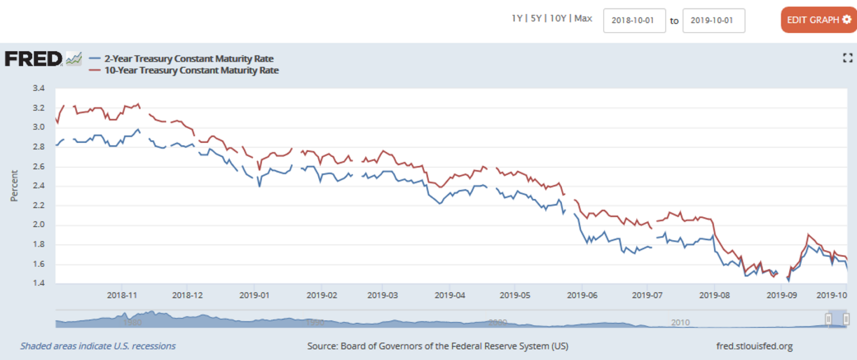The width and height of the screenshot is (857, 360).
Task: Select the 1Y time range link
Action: pyautogui.click(x=517, y=19)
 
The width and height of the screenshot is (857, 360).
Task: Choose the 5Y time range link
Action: pyautogui.click(x=536, y=19)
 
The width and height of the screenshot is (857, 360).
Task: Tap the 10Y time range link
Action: pyautogui.click(x=558, y=19)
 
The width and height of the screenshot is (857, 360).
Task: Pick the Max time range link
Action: pyautogui.click(x=583, y=19)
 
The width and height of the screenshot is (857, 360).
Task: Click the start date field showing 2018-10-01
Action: pyautogui.click(x=634, y=20)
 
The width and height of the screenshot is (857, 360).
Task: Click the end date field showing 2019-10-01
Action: pyautogui.click(x=713, y=20)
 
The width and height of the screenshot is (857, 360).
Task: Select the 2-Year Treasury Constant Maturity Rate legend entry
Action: pyautogui.click(x=188, y=59)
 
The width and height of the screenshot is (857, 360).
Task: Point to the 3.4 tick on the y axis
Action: pyautogui.click(x=39, y=88)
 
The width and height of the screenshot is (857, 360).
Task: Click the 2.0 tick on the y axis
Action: pyautogui.click(x=39, y=225)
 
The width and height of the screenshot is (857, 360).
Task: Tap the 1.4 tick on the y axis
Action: pyautogui.click(x=39, y=284)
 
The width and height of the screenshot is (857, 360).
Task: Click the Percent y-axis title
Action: pyautogui.click(x=14, y=186)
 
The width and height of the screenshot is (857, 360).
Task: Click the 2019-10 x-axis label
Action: pyautogui.click(x=833, y=296)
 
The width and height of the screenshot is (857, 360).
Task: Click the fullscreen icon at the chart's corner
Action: pyautogui.click(x=846, y=59)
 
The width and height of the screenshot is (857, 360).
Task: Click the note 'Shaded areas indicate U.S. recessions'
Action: pyautogui.click(x=98, y=346)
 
